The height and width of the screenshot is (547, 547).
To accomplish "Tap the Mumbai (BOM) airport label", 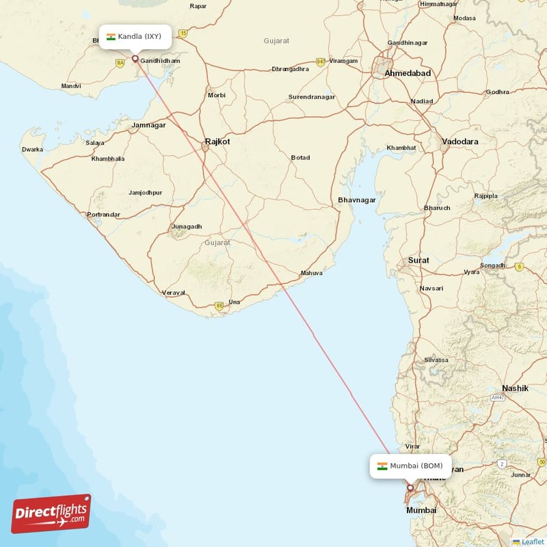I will pyautogui.click(x=411, y=466).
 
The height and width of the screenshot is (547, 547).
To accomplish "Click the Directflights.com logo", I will pyautogui.click(x=51, y=513).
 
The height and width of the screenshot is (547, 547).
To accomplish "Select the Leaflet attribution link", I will pyautogui.click(x=533, y=542).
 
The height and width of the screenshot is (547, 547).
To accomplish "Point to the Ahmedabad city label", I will pyautogui.click(x=408, y=73).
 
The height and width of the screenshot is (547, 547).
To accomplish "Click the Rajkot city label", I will pyautogui.click(x=217, y=142).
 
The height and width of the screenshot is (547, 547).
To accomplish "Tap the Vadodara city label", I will pyautogui.click(x=460, y=142).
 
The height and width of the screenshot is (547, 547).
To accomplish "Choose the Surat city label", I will pyautogui.click(x=418, y=261).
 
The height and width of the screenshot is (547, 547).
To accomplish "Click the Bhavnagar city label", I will pyautogui.click(x=357, y=200).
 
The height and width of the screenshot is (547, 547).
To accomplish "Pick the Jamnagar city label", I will pyautogui.click(x=149, y=125).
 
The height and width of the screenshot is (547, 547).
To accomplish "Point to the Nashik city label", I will pyautogui.click(x=515, y=388).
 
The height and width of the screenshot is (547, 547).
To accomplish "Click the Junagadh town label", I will pyautogui.click(x=187, y=226).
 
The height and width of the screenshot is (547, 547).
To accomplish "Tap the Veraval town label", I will pyautogui.click(x=174, y=293).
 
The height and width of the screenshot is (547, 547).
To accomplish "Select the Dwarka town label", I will pyautogui.click(x=32, y=149).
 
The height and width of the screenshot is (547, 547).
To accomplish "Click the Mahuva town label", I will pyautogui.click(x=311, y=273).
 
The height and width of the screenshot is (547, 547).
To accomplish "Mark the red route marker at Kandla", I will pyautogui.click(x=135, y=59).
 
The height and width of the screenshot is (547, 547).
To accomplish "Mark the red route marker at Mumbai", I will pyautogui.click(x=410, y=488).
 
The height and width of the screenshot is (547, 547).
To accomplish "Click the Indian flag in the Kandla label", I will pyautogui.click(x=111, y=36).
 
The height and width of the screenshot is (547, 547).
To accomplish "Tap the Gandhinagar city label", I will pyautogui.click(x=408, y=43).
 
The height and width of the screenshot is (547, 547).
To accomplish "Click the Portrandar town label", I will pyautogui.click(x=104, y=215).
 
